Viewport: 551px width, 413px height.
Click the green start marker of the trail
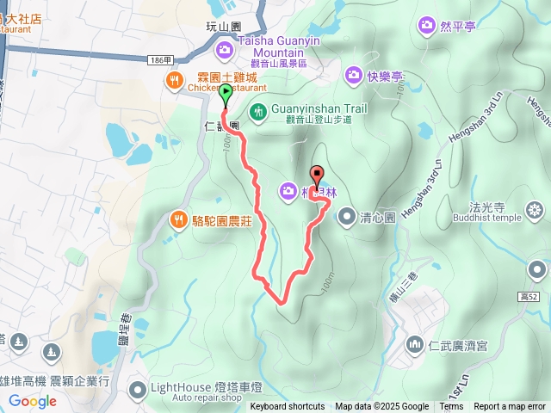pyautogui.click(x=226, y=94)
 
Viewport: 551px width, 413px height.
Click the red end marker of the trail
pyautogui.click(x=315, y=175)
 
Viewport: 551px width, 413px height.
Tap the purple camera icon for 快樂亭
pyautogui.click(x=354, y=77)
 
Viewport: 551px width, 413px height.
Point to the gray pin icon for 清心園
pyautogui.click(x=345, y=217)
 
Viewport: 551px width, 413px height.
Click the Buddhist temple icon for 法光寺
pyautogui.click(x=536, y=210)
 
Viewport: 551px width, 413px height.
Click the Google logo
pyautogui.click(x=32, y=401)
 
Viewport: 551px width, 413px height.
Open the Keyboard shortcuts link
pyautogui.click(x=288, y=407)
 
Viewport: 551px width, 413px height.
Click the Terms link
pyautogui.click(x=451, y=407)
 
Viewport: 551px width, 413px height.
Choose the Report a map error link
pyautogui.click(x=510, y=407)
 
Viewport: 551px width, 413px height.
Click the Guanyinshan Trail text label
pyautogui.click(x=319, y=108)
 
